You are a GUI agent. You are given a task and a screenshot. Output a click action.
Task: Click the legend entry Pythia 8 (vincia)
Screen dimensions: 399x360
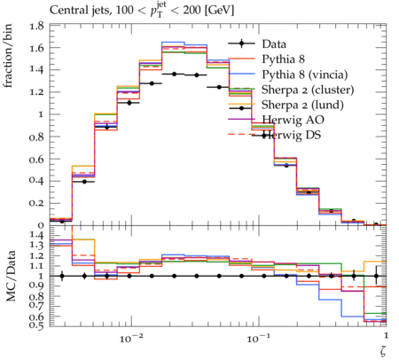click(305, 74)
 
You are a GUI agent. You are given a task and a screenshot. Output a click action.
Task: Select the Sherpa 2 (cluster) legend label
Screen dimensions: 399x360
click(308, 90)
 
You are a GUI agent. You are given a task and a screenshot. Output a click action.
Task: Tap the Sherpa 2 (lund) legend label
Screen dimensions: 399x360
click(302, 105)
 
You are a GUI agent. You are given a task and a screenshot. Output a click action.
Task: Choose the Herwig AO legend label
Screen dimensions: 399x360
click(293, 120)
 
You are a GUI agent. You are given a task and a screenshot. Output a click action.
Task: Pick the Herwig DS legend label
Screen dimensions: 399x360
click(292, 135)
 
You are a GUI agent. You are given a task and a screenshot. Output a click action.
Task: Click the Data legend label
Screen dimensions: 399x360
click(274, 44)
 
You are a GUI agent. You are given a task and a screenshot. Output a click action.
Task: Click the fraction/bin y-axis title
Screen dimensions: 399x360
click(8, 56)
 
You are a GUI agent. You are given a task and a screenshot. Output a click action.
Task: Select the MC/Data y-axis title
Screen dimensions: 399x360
click(11, 276)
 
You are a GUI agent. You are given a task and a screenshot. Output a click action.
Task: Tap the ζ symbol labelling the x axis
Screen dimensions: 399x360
click(383, 351)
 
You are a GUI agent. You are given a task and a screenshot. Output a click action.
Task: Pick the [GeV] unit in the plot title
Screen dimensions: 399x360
click(220, 11)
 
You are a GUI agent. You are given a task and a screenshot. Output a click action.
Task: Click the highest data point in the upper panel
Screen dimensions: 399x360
click(175, 74)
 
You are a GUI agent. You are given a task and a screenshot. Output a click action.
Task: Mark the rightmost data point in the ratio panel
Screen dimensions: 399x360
click(376, 276)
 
